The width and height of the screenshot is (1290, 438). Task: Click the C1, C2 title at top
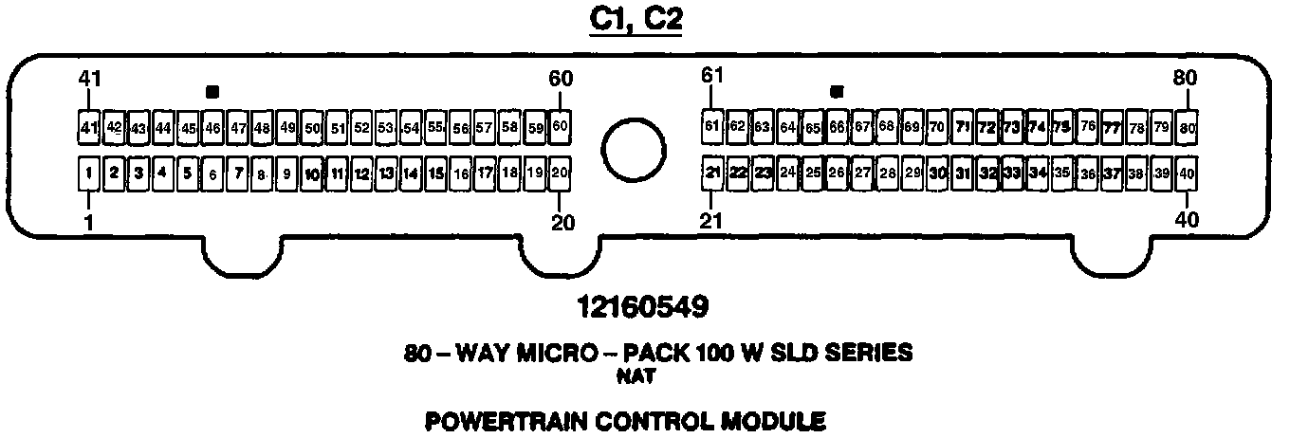tap(636, 20)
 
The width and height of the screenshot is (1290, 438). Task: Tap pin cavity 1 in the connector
tap(88, 173)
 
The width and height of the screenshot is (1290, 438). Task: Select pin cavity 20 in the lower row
tap(560, 173)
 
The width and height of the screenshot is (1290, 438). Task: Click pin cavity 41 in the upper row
tap(88, 127)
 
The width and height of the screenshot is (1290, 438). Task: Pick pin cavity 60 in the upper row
tap(560, 126)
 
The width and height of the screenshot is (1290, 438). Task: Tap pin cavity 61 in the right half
tap(712, 125)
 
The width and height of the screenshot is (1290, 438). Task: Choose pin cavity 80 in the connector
tap(1187, 126)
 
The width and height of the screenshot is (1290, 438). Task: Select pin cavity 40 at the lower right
tap(1187, 173)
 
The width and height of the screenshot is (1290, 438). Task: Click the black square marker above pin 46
tap(212, 92)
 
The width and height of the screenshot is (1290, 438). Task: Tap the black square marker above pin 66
tap(837, 92)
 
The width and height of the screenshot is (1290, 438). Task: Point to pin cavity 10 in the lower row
tap(312, 173)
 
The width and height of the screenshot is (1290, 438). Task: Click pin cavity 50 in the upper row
tap(312, 127)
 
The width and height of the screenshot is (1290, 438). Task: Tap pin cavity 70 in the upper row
tap(936, 126)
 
